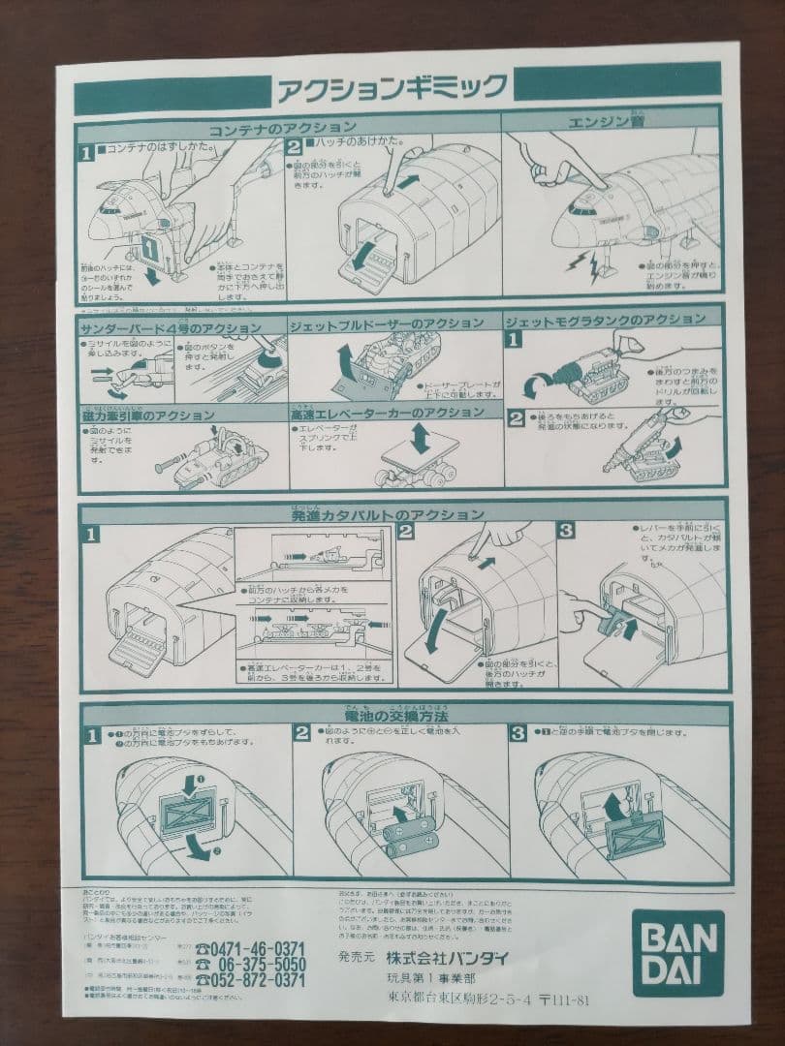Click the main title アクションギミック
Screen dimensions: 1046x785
pyautogui.click(x=391, y=88)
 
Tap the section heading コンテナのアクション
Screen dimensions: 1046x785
pyautogui.click(x=282, y=127)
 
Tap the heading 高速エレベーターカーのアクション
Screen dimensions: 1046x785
pyautogui.click(x=387, y=414)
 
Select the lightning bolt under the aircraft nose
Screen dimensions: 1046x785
pyautogui.click(x=587, y=262)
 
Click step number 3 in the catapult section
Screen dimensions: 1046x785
pyautogui.click(x=565, y=533)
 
